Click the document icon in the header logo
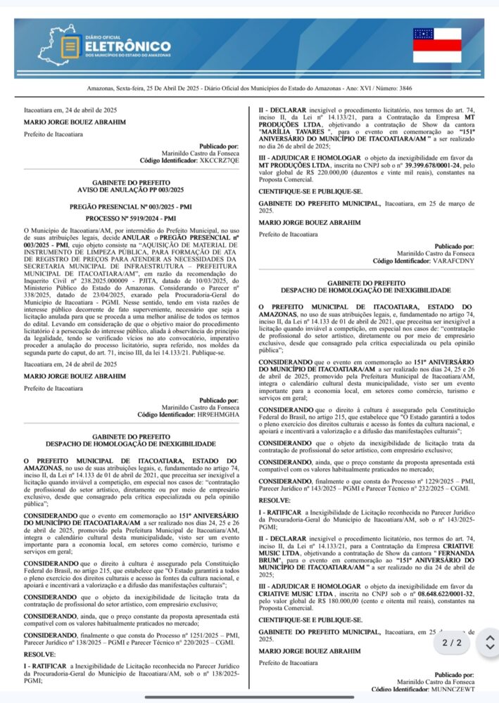[x=69, y=47]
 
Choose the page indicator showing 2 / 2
[x=452, y=642]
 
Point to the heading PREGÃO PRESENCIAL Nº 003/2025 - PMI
[x=131, y=207]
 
